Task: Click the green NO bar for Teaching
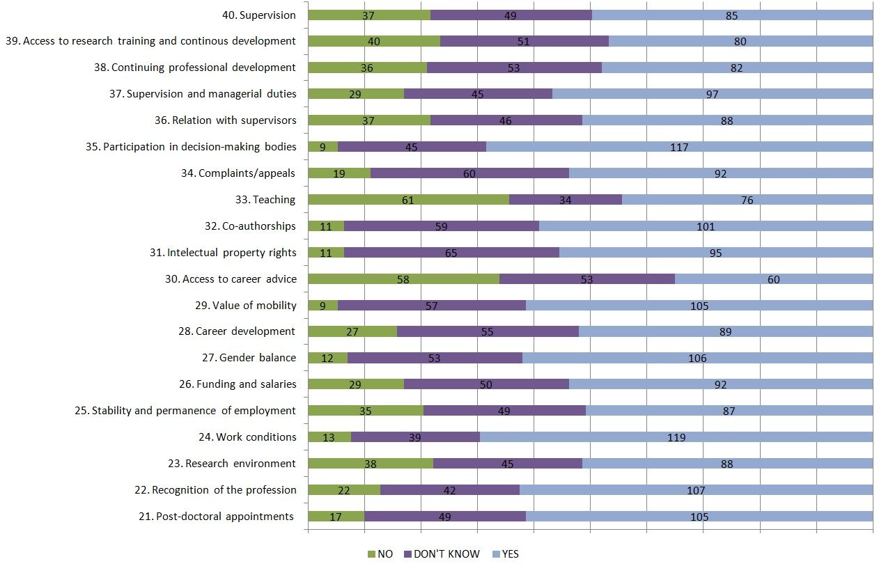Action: tap(409, 200)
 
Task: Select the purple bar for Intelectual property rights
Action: tap(451, 253)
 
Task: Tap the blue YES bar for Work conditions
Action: tap(676, 437)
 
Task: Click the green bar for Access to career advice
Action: tap(404, 279)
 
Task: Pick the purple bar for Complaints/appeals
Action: tap(469, 173)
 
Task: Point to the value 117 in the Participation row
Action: tap(679, 147)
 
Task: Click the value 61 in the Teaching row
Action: tap(407, 200)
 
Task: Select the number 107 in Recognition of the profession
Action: tap(696, 490)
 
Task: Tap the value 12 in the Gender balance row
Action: tap(327, 358)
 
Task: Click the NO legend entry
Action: tap(380, 553)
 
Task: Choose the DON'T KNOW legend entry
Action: tap(442, 553)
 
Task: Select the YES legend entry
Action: tap(506, 553)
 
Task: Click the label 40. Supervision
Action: tap(258, 15)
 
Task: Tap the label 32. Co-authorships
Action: tap(250, 226)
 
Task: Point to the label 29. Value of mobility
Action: tap(246, 306)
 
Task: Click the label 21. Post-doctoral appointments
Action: tap(216, 517)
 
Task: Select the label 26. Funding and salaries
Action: tap(238, 384)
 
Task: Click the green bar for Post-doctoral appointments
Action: tap(336, 516)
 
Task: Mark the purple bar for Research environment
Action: tap(508, 463)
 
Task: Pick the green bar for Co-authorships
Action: tap(326, 226)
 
